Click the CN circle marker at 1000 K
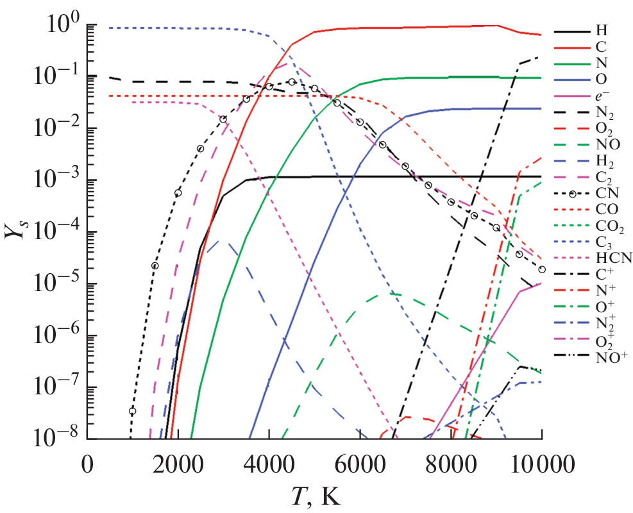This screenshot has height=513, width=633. (x=133, y=411)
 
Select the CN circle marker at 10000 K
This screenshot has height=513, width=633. (x=542, y=269)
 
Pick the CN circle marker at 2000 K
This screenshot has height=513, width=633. (x=178, y=193)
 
